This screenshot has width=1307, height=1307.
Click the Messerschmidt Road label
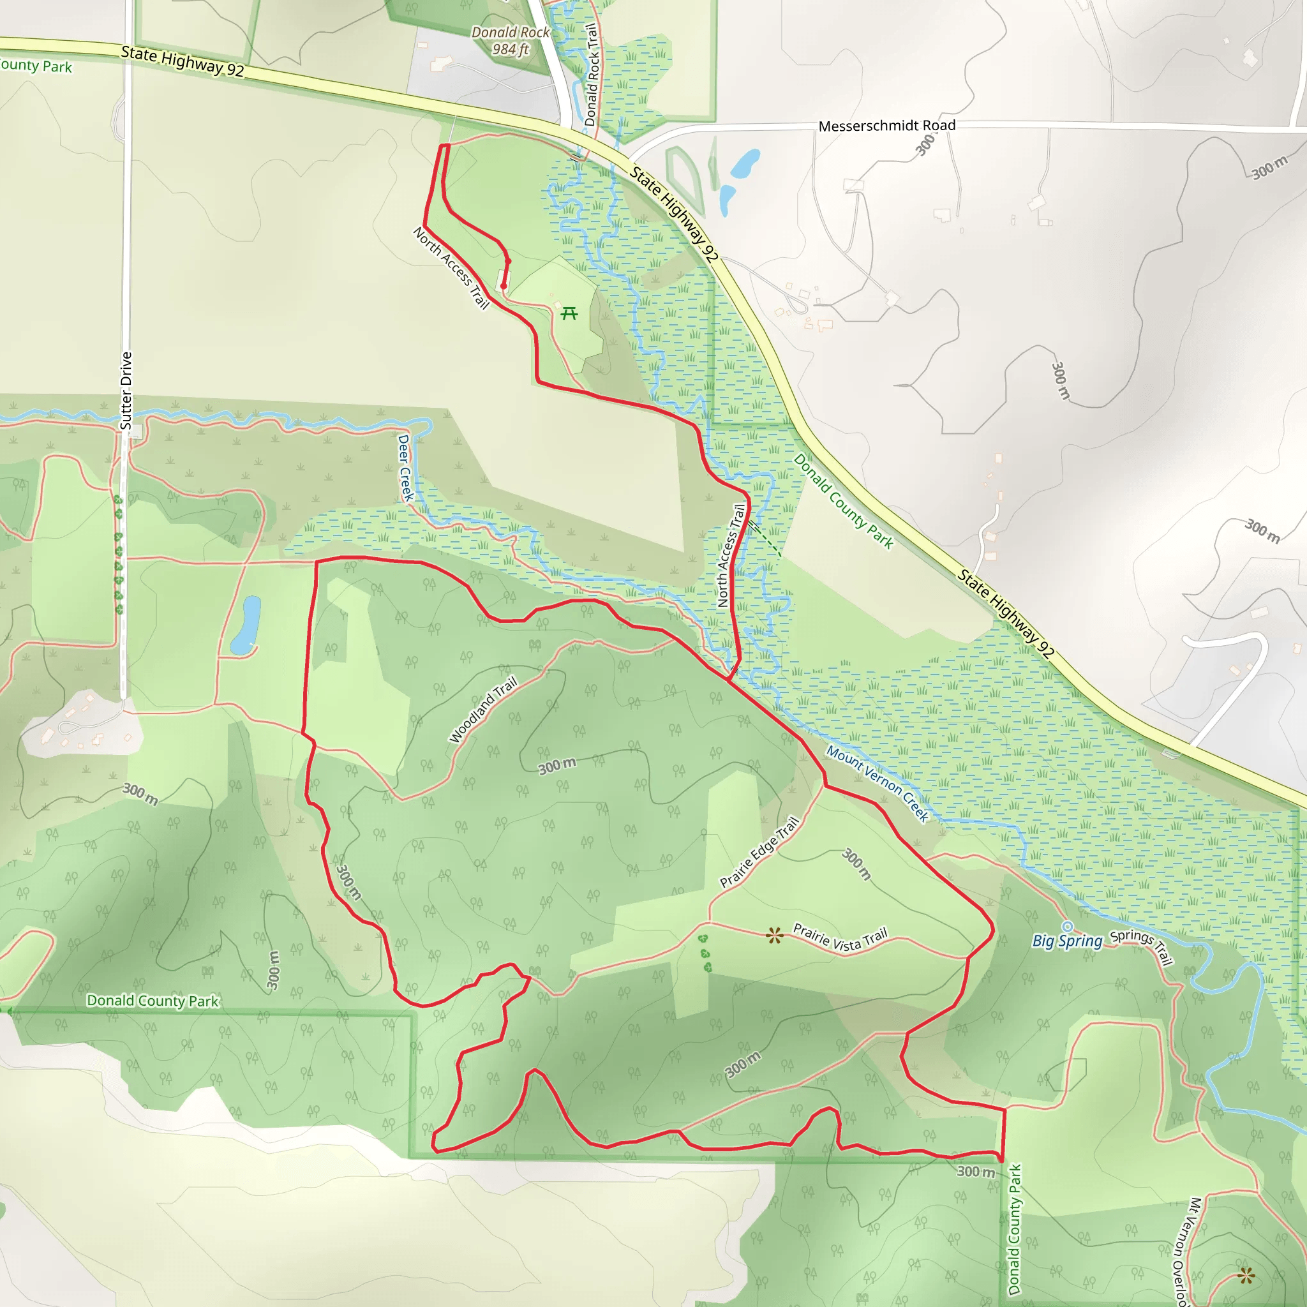[x=886, y=126]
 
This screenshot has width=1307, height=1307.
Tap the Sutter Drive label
[x=126, y=391]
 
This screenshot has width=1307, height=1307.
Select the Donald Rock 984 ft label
[x=510, y=41]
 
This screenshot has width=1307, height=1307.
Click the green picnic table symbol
[x=570, y=313]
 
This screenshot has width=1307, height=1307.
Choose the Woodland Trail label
[x=483, y=710]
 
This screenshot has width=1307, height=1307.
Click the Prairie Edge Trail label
[x=759, y=853]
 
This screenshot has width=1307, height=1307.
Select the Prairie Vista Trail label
[x=840, y=938]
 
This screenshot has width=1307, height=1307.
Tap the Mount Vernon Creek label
[x=878, y=784]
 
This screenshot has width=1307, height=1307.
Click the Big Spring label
[x=1067, y=941]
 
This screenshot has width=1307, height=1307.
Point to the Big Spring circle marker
[x=1068, y=927]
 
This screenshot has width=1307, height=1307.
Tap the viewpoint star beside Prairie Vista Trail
[x=775, y=936]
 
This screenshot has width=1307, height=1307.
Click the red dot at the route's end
[x=504, y=286]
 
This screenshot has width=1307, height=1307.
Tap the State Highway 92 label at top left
[x=182, y=61]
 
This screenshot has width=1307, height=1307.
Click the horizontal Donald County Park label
[x=153, y=1001]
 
